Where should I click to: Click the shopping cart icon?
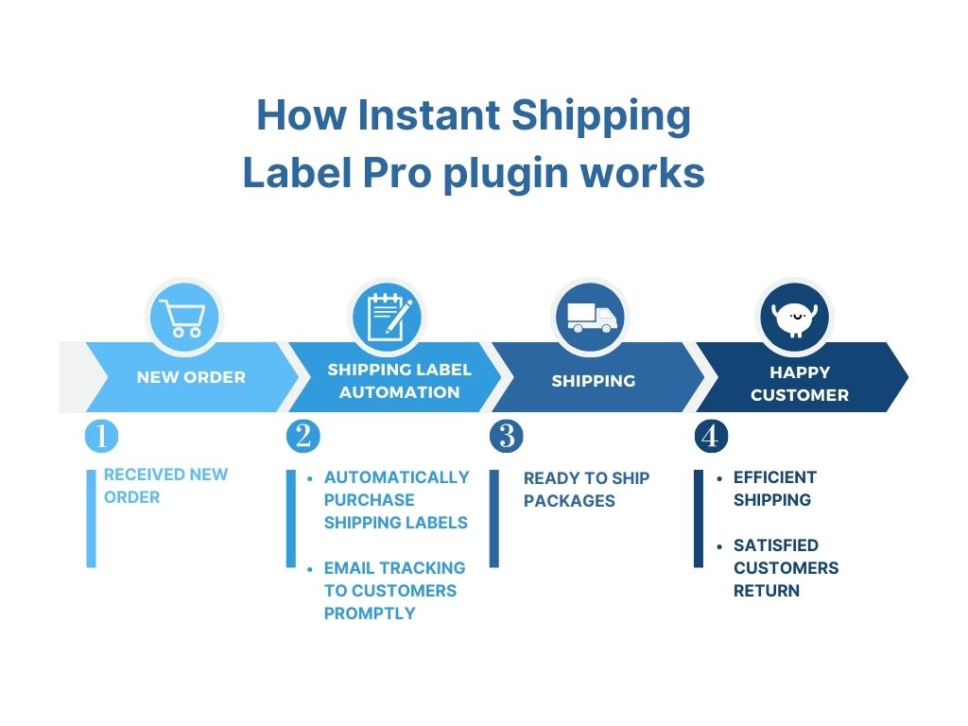tap(182, 318)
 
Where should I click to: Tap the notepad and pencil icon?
tap(388, 318)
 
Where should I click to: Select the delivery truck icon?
tap(591, 318)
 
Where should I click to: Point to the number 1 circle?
tap(101, 436)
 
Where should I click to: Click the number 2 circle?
tap(302, 436)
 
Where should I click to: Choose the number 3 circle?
tap(507, 436)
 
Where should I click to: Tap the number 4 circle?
tap(711, 436)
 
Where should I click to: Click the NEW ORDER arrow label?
tap(191, 377)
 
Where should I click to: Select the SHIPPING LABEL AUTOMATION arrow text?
tap(399, 380)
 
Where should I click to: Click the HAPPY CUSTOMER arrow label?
tap(800, 383)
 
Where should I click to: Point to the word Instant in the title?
tap(428, 115)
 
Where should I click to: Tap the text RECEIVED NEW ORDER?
tap(165, 486)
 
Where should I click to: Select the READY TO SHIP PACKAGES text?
tap(586, 489)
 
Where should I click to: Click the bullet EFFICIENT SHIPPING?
tap(774, 489)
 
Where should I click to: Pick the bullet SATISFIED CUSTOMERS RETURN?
tap(785, 567)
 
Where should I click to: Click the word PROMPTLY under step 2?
tap(370, 614)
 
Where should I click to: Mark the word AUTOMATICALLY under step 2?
tap(396, 477)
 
